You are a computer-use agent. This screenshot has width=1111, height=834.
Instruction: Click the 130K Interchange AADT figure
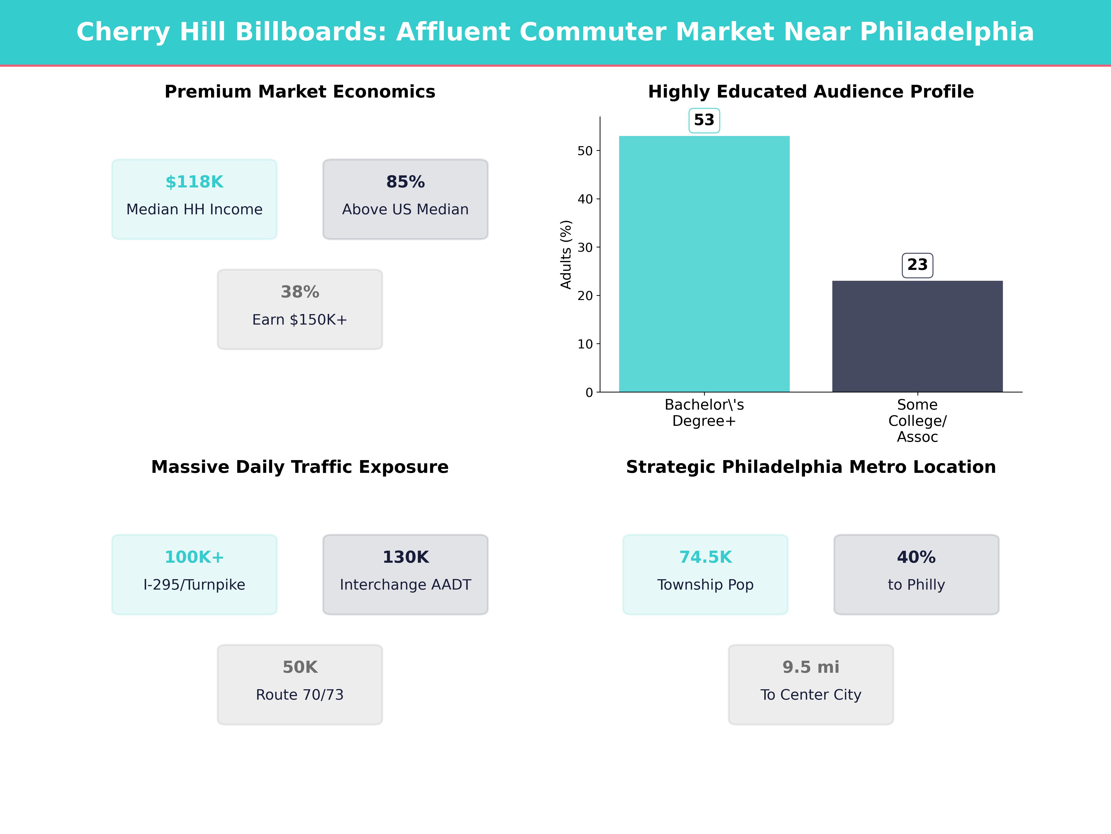tap(405, 557)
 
